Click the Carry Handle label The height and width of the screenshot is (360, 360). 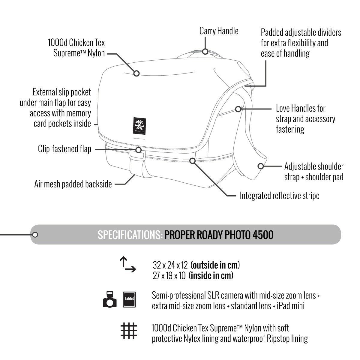coord(219,31)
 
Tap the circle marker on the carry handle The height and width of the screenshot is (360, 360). coord(205,51)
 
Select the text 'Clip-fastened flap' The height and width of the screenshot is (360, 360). coord(64,149)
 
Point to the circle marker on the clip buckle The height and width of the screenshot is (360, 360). coord(139,150)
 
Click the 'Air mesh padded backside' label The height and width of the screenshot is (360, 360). coord(73,184)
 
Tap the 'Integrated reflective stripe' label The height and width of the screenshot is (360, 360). coord(279,196)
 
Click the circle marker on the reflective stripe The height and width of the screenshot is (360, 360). coord(193,161)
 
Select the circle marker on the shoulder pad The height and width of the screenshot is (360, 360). coord(261,166)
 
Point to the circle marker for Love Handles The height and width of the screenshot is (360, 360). coord(238,109)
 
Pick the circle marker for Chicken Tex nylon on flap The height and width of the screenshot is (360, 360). coord(136,73)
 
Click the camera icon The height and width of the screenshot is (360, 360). coord(110,299)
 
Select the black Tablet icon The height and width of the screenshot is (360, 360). coord(130,299)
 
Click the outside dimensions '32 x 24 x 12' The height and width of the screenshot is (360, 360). coord(170,265)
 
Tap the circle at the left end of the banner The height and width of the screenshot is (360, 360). coord(35,234)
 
